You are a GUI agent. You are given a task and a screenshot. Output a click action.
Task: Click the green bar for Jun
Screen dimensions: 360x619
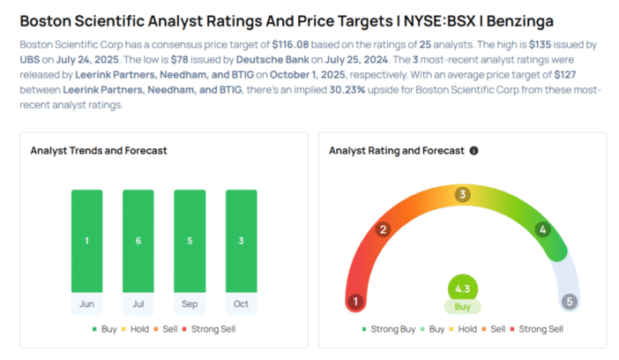pyautogui.click(x=86, y=240)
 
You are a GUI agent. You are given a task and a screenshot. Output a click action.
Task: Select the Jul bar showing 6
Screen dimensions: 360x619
pyautogui.click(x=138, y=240)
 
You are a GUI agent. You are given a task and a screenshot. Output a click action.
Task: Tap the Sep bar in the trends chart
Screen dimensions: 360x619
pyautogui.click(x=190, y=240)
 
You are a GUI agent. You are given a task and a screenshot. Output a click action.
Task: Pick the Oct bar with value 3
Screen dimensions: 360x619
pyautogui.click(x=241, y=240)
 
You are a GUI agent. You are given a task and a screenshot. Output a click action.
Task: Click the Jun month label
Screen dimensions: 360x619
pyautogui.click(x=86, y=304)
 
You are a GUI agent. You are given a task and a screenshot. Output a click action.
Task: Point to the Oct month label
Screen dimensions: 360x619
pyautogui.click(x=241, y=304)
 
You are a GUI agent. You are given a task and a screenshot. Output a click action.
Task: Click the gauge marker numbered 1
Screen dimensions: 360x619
pyautogui.click(x=356, y=302)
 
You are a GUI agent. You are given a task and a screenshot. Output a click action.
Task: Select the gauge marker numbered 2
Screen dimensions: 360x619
pyautogui.click(x=383, y=230)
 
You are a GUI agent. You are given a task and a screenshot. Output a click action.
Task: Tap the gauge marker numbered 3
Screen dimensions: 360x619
pyautogui.click(x=462, y=195)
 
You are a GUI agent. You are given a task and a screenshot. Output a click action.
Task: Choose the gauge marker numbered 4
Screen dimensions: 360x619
pyautogui.click(x=543, y=230)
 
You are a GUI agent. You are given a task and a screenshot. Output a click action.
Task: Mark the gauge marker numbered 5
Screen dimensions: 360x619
pyautogui.click(x=570, y=302)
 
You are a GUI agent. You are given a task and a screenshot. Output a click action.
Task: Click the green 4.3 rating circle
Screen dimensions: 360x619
pyautogui.click(x=462, y=289)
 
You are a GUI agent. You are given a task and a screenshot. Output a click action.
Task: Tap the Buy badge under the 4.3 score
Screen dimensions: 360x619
pyautogui.click(x=462, y=308)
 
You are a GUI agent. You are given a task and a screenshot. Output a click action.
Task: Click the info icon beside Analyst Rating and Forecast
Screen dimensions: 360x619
pyautogui.click(x=474, y=151)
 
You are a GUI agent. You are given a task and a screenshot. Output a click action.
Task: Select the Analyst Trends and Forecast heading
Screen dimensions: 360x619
pyautogui.click(x=99, y=151)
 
